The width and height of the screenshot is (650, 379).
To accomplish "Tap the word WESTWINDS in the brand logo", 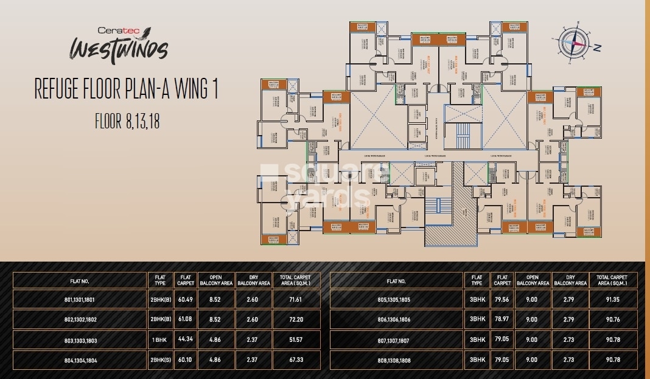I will pos(117,48).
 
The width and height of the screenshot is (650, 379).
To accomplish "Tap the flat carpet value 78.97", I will pos(502,319).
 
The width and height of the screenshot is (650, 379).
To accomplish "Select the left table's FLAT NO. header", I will pos(79,280).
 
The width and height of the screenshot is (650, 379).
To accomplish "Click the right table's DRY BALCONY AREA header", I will pos(570,280).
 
